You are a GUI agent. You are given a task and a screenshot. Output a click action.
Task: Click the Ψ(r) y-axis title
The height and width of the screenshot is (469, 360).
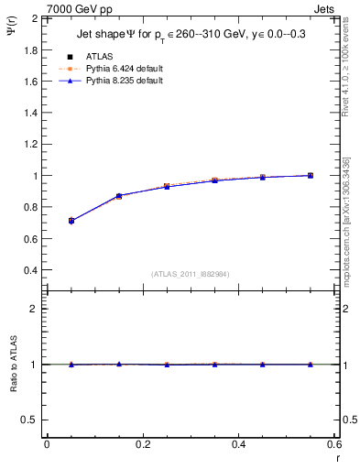click(14, 36)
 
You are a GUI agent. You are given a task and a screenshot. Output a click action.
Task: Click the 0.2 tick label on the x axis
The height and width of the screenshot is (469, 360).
click(142, 445)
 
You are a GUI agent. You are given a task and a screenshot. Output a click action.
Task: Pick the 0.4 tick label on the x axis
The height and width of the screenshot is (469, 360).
click(238, 445)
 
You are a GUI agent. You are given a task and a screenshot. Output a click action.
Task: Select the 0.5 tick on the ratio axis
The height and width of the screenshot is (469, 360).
click(32, 420)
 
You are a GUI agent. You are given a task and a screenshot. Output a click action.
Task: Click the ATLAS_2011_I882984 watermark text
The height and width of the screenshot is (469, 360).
click(191, 274)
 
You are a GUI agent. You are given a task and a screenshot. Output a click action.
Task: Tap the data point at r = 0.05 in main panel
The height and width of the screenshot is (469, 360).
click(71, 221)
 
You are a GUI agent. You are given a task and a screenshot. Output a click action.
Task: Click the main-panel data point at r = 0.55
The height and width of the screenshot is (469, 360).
click(311, 175)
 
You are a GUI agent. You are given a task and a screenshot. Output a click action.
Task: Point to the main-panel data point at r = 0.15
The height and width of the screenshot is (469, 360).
click(119, 196)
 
